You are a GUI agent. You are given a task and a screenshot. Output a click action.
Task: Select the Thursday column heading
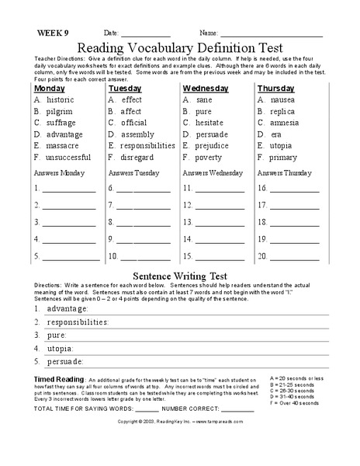click(276, 89)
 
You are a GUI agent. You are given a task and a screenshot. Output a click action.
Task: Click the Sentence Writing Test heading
click(179, 275)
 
